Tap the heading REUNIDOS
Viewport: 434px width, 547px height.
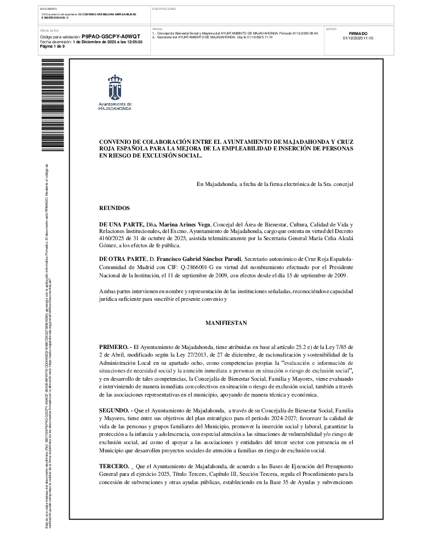[x=114, y=208]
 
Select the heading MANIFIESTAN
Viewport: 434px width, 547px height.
[x=226, y=323]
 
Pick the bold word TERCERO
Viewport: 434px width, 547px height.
[x=113, y=465]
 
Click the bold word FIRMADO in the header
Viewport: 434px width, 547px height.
[x=358, y=33]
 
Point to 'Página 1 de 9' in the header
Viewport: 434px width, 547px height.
[x=53, y=46]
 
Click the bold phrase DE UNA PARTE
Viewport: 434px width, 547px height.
[x=121, y=224]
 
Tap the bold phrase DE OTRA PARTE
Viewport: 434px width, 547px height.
[x=123, y=258]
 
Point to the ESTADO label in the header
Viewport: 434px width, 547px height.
[x=332, y=28]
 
